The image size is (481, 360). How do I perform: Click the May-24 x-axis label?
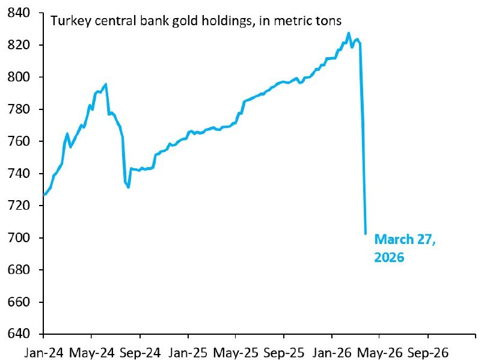pyautogui.click(x=92, y=352)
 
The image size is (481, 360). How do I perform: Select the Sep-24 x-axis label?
pyautogui.click(x=139, y=352)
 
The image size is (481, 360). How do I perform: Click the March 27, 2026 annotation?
pyautogui.click(x=404, y=248)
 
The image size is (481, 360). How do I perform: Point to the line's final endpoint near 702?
pyautogui.click(x=366, y=233)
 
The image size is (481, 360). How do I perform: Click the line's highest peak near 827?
pyautogui.click(x=349, y=34)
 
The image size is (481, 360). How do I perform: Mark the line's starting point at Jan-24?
pyautogui.click(x=44, y=195)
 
